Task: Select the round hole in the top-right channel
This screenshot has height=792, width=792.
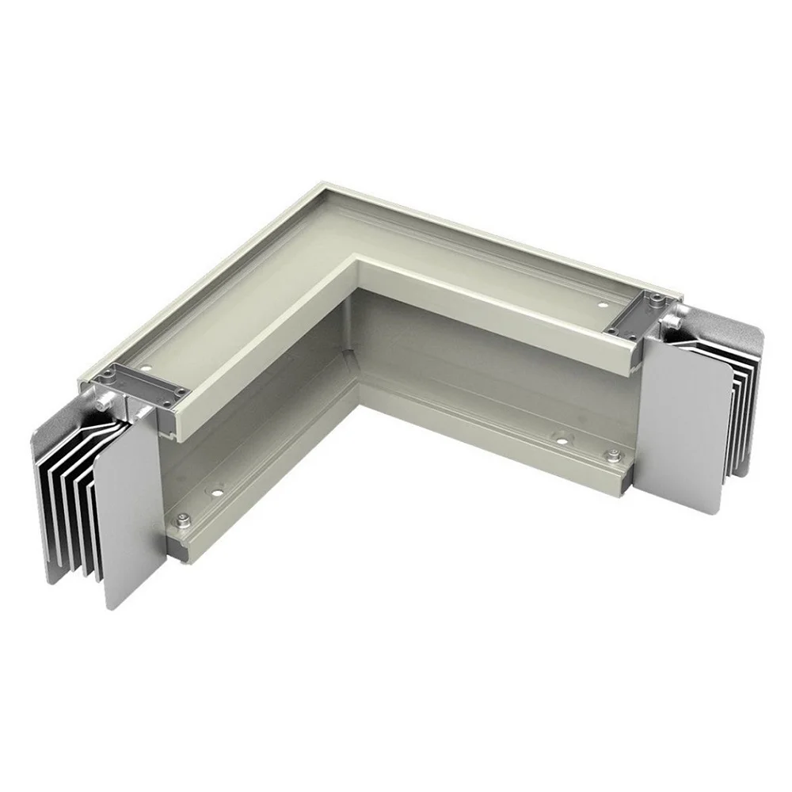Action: click(602, 303)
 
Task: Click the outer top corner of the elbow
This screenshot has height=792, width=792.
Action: click(320, 186)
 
